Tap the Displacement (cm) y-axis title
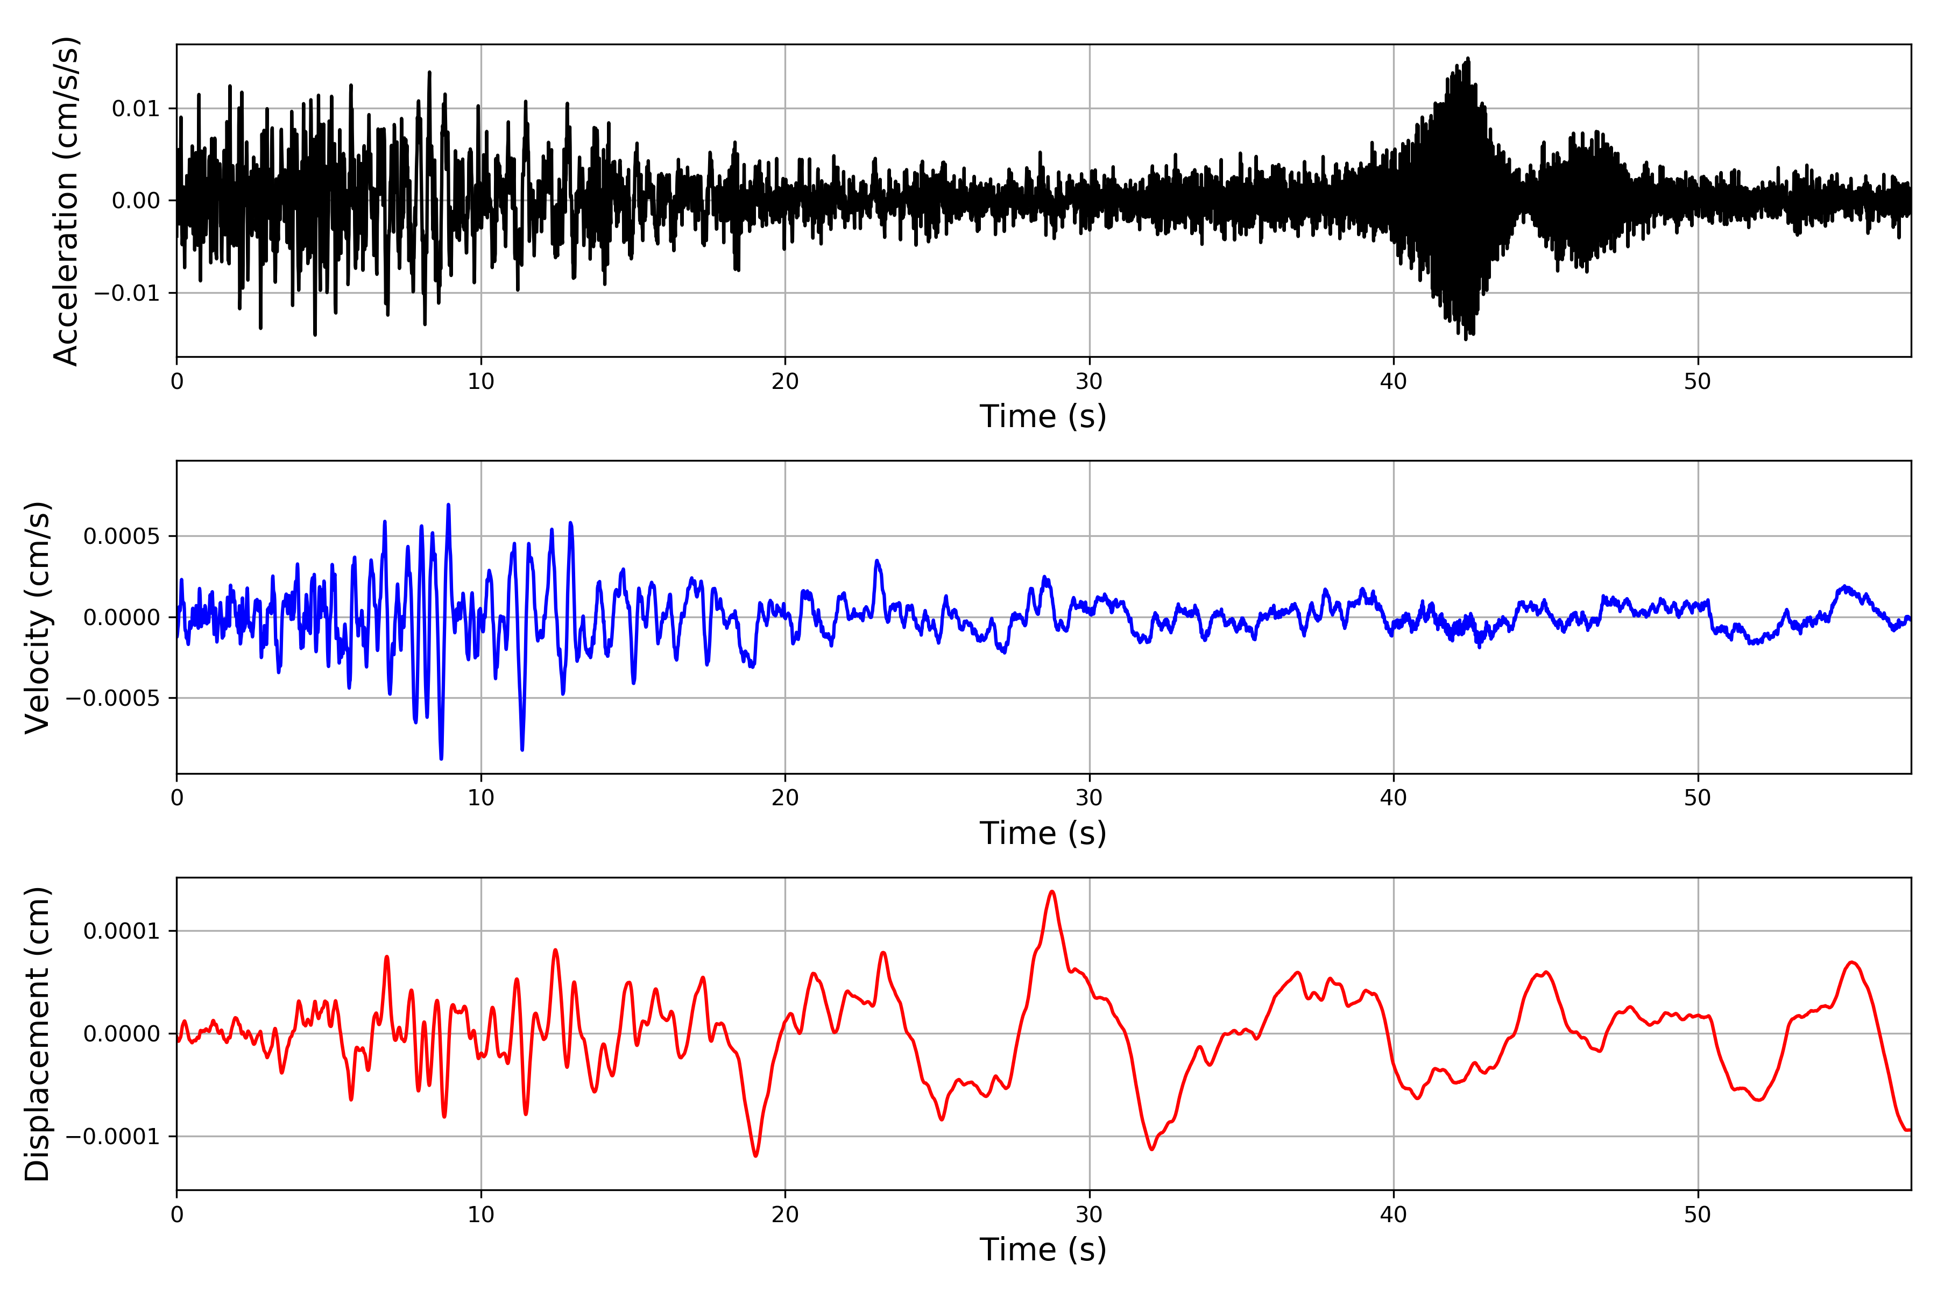(38, 1033)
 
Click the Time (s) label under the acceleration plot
(1043, 416)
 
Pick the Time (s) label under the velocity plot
(1043, 833)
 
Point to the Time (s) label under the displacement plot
(1043, 1250)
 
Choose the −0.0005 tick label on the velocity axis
(112, 699)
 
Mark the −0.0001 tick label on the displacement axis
(112, 1137)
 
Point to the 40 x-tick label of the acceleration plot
(1394, 382)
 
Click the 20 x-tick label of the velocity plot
(785, 798)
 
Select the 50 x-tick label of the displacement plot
(1698, 1215)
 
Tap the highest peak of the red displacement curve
(1052, 892)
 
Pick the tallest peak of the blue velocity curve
(448, 505)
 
